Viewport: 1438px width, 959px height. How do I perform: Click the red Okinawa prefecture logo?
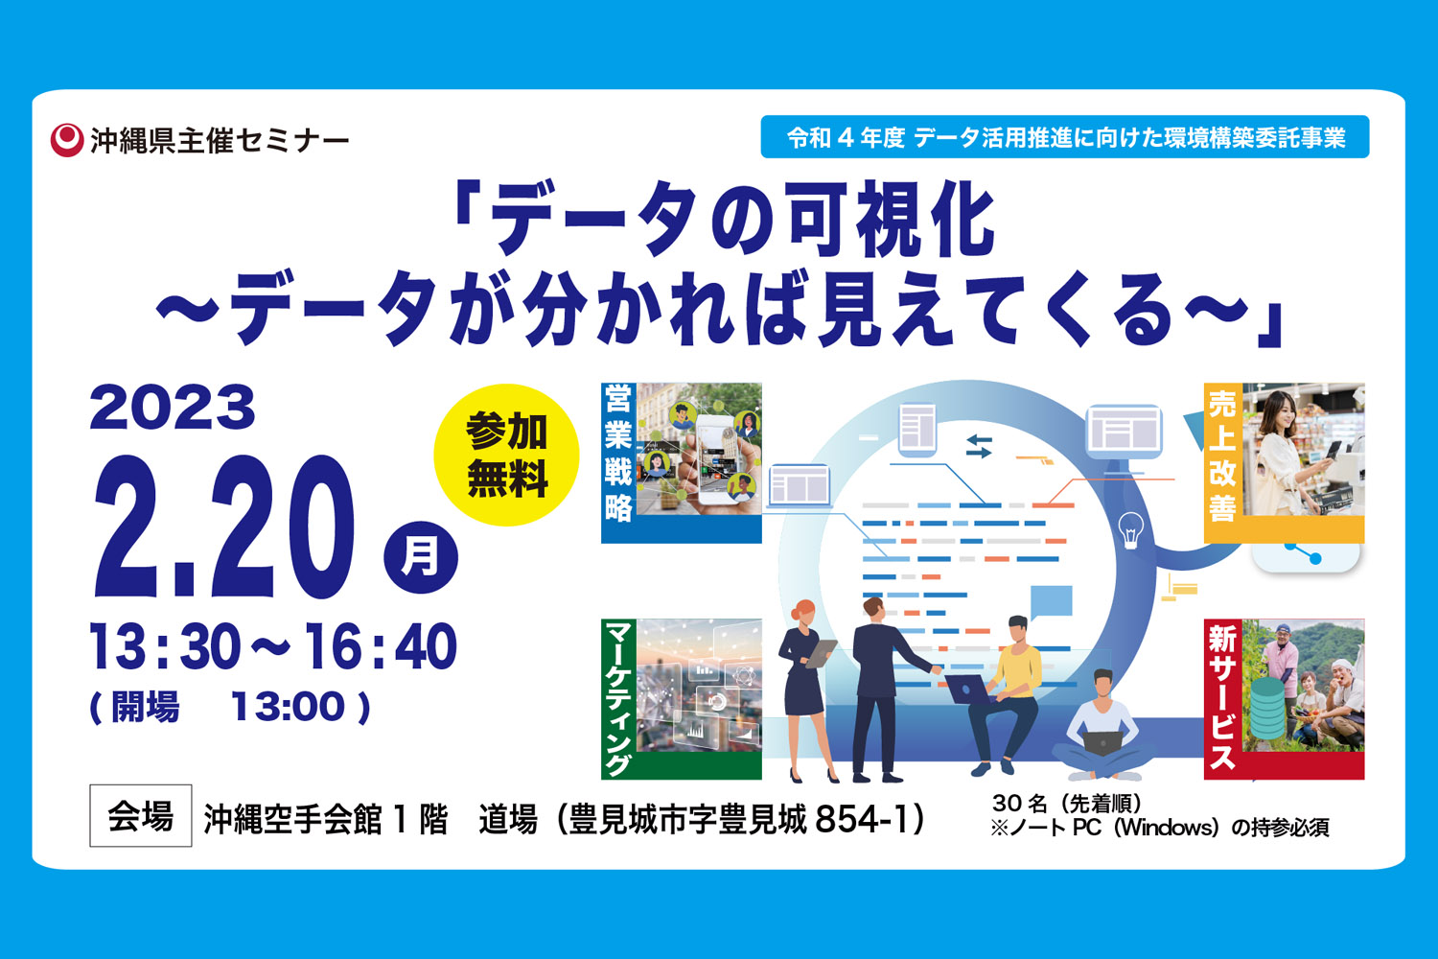click(67, 139)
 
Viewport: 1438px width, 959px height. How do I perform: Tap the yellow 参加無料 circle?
click(506, 455)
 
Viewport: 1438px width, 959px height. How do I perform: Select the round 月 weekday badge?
click(421, 557)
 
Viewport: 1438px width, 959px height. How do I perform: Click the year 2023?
click(172, 408)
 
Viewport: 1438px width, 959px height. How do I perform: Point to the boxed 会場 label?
click(141, 816)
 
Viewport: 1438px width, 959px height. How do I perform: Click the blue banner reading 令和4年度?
click(1065, 137)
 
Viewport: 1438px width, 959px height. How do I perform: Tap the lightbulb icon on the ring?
click(1130, 530)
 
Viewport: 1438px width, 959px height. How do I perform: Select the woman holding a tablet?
click(806, 690)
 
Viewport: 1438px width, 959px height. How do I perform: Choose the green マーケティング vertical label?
click(617, 698)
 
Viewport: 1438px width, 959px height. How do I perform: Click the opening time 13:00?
click(288, 707)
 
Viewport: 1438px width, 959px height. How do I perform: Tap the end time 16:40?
click(380, 646)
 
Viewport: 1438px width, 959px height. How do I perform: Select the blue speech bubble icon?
click(1051, 602)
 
